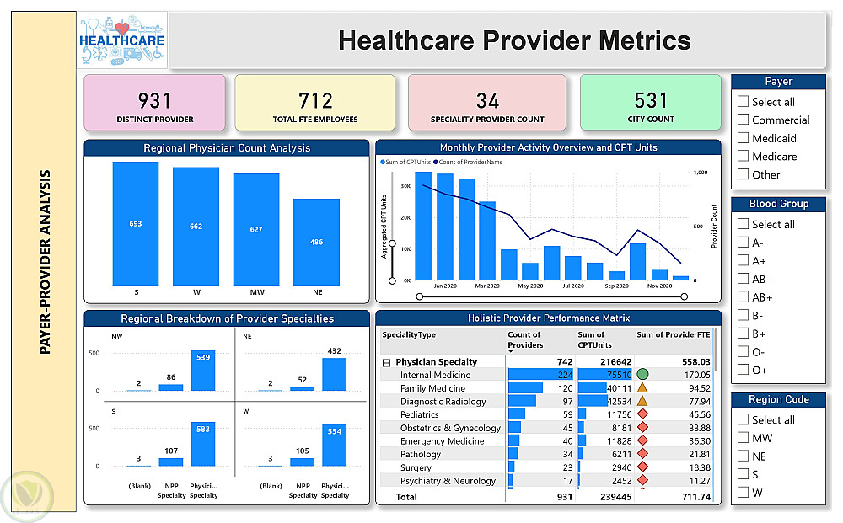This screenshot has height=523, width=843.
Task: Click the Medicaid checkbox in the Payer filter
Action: (x=743, y=138)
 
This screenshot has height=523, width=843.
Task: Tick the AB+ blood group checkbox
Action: (x=743, y=297)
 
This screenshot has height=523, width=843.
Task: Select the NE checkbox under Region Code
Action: (x=743, y=456)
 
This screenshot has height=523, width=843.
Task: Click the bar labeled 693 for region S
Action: (x=136, y=223)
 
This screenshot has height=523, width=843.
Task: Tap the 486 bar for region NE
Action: (x=317, y=241)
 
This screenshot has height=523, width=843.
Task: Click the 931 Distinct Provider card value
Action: (x=155, y=100)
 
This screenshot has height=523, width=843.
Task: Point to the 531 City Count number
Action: (x=651, y=100)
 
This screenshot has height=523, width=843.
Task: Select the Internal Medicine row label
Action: (x=435, y=376)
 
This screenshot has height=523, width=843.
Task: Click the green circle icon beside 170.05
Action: (x=642, y=375)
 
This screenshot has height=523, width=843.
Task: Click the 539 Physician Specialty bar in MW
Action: (x=203, y=371)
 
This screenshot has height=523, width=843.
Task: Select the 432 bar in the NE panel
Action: (x=335, y=375)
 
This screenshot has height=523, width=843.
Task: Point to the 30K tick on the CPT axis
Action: (x=405, y=186)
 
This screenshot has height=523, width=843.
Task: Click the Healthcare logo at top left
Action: (x=121, y=40)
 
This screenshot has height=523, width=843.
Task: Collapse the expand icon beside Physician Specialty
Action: (x=386, y=362)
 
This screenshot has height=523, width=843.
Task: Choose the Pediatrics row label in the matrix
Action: (x=420, y=415)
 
